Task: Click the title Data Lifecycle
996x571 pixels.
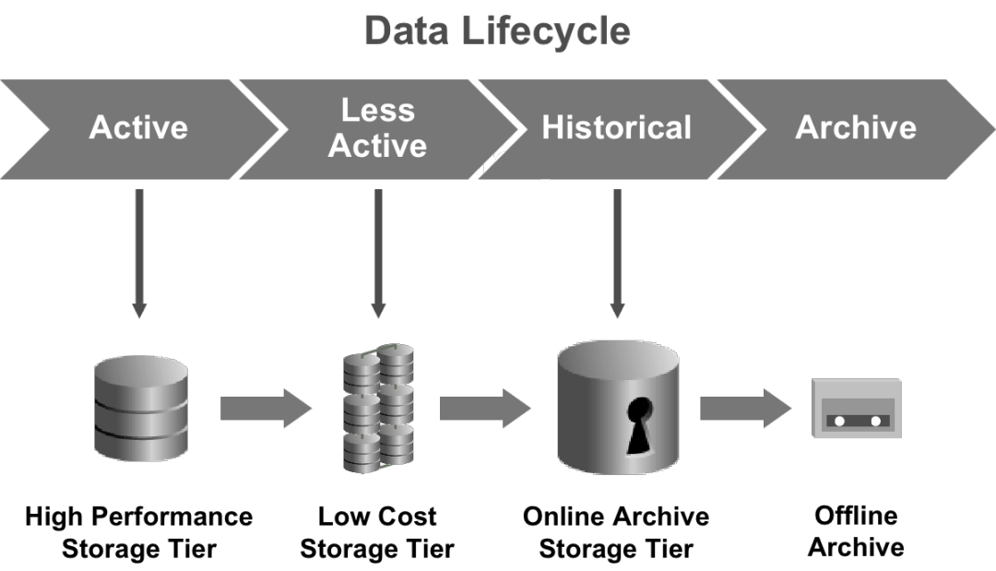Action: [497, 30]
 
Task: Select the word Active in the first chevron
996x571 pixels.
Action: [138, 127]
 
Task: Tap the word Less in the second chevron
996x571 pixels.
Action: [377, 110]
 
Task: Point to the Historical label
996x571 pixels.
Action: [616, 127]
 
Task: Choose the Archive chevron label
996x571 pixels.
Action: [855, 127]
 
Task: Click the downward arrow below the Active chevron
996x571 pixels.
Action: [139, 254]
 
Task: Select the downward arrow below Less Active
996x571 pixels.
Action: [378, 254]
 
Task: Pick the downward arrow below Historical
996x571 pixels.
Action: [617, 254]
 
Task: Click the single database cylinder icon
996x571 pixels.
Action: [141, 410]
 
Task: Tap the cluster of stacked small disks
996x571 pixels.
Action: [378, 408]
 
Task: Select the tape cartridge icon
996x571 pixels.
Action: [856, 408]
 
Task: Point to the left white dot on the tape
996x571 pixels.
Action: [839, 422]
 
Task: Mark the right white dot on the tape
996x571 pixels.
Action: [874, 422]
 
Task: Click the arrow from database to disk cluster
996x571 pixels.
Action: [266, 408]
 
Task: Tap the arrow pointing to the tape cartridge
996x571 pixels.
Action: [745, 408]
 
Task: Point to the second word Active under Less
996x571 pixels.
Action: [377, 146]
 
